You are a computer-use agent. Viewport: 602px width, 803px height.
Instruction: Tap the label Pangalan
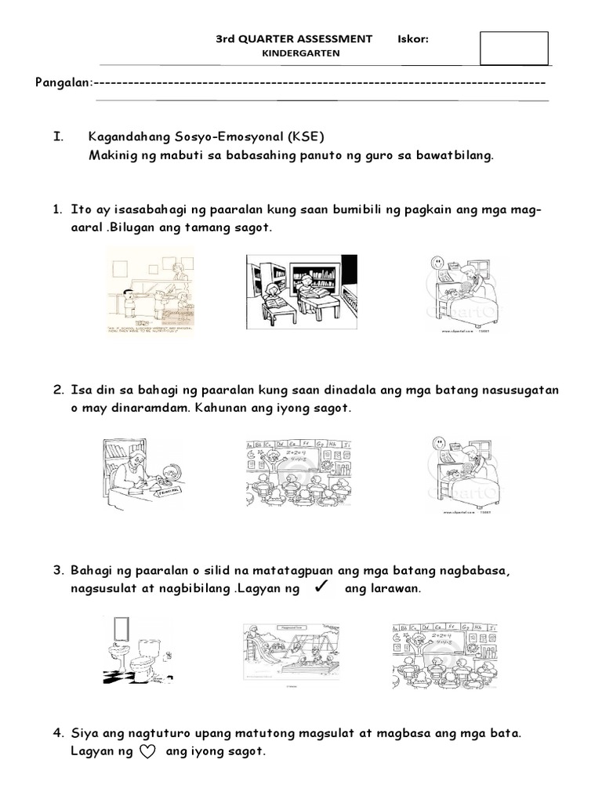(x=63, y=82)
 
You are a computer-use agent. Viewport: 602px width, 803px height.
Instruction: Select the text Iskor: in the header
(x=413, y=38)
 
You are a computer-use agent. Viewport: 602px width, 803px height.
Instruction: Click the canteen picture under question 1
(x=150, y=291)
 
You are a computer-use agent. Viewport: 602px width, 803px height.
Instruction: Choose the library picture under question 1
(x=302, y=291)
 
